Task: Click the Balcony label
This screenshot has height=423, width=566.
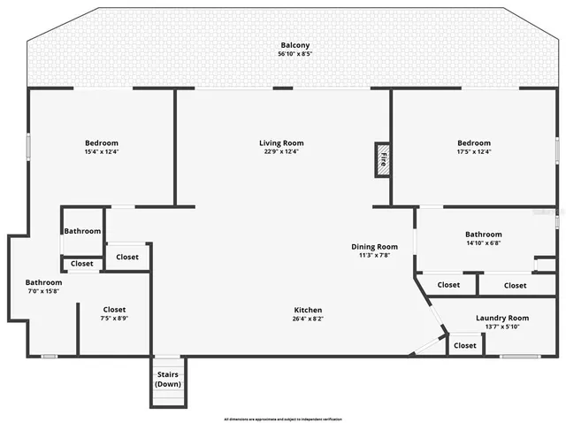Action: coord(295,45)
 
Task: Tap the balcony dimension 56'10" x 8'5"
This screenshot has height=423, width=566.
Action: coord(295,54)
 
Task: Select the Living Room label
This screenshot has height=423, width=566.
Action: coord(281,143)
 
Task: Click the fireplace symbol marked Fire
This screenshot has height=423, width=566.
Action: coord(383,160)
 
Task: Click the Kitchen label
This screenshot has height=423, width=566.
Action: coord(308,310)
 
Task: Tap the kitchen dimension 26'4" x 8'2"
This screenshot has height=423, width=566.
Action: coord(308,319)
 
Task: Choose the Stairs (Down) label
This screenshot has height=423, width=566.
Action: coord(168,380)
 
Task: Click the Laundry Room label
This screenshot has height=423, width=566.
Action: coord(501,318)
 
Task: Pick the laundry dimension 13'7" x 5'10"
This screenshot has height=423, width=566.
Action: coord(501,327)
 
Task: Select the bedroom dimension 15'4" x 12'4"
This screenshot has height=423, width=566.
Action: coord(102,152)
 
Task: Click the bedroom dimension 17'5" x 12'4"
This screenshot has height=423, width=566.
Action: coord(474,152)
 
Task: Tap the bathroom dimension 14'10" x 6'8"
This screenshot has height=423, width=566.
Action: coord(484,243)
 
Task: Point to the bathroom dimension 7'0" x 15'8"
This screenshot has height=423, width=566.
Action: coord(42,292)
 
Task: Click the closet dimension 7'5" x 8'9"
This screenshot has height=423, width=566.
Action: coord(114,319)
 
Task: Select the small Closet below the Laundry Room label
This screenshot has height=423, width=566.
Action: coord(464,345)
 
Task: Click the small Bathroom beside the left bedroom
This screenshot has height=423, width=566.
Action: coord(82,232)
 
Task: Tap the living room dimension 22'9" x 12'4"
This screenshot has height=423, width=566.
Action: coord(281,152)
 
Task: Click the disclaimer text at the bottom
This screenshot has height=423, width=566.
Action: coord(283,418)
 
